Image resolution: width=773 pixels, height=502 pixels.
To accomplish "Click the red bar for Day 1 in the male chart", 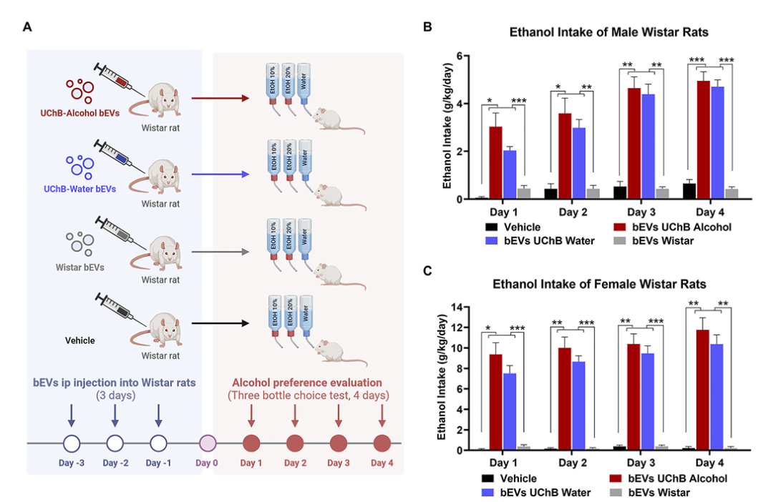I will [495, 163].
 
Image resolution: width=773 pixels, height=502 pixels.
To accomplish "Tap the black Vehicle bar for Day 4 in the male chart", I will [689, 192].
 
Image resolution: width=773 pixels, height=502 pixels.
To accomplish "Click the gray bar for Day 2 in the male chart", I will [593, 194].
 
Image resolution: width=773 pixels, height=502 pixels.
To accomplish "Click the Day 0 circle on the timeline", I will [207, 443].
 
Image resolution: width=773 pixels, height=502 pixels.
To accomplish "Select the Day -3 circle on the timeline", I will [71, 443].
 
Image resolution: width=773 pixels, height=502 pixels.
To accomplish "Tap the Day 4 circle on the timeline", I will [381, 443].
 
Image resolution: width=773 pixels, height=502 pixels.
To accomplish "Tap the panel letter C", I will [427, 272].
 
